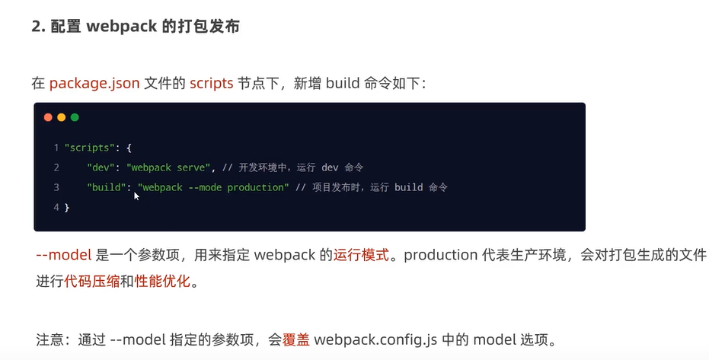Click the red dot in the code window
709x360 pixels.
[48, 117]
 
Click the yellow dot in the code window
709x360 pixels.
[62, 117]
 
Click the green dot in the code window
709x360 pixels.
[75, 117]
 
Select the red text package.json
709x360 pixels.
[94, 83]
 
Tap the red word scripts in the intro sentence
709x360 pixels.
[212, 83]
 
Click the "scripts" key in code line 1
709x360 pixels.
[88, 147]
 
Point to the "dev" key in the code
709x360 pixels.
[103, 167]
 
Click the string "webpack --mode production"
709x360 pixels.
[213, 187]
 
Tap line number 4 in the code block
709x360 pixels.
[56, 207]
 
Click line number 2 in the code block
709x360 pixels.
[56, 167]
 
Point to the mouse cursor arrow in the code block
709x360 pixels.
[137, 196]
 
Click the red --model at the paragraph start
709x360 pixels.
[64, 255]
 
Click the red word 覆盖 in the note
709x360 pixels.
[296, 338]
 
